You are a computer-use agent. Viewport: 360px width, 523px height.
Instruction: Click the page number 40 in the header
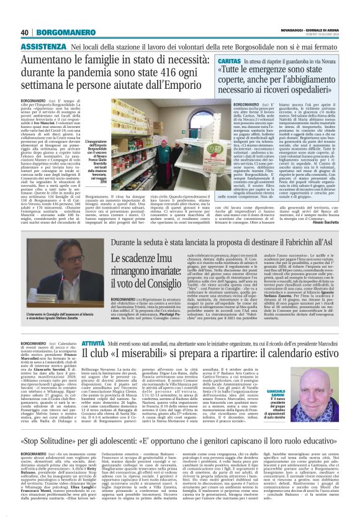pyautogui.click(x=25, y=32)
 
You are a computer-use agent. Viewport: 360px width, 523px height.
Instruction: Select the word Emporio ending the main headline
pyautogui.click(x=180, y=86)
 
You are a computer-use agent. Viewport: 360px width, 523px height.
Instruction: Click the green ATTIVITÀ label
pyautogui.click(x=92, y=343)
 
